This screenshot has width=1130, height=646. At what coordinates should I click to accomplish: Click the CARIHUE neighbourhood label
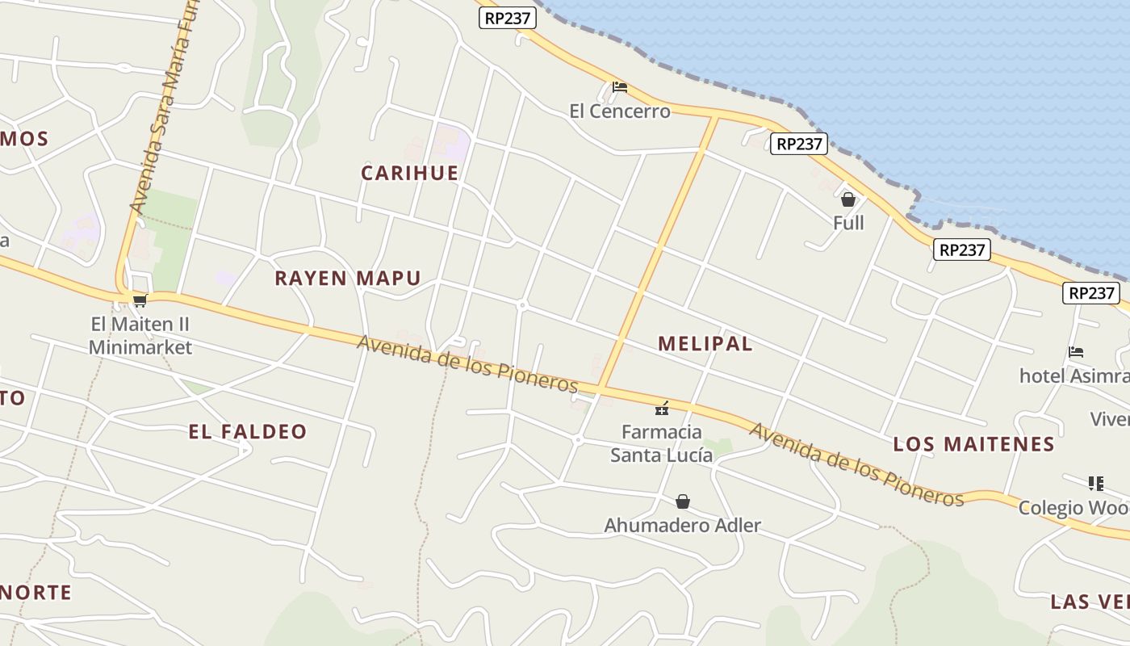click(409, 173)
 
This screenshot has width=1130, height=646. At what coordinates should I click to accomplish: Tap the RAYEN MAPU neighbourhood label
click(347, 279)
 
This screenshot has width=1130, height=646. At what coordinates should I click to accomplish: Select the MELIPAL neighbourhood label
click(705, 343)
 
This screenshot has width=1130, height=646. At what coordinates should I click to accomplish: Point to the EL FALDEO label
click(248, 432)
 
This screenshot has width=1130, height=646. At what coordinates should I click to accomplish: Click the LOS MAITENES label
click(973, 444)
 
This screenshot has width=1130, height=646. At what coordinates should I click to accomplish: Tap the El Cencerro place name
click(620, 111)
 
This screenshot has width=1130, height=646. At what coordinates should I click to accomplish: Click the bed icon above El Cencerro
click(620, 87)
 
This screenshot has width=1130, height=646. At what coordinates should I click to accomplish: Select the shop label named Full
click(848, 223)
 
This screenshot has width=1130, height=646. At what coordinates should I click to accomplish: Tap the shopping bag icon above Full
click(848, 199)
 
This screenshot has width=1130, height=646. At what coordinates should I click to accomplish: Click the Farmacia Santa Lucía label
click(662, 443)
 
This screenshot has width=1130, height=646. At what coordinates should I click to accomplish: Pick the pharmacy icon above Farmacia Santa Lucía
click(662, 409)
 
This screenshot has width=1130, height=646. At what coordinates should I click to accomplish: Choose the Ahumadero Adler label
click(682, 526)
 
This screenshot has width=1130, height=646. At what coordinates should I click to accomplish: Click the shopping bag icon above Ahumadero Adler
click(683, 501)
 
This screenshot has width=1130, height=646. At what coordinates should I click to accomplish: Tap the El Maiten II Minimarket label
click(140, 336)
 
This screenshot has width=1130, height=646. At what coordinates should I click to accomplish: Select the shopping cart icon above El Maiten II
click(140, 301)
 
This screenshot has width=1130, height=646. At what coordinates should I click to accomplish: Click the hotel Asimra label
click(1073, 376)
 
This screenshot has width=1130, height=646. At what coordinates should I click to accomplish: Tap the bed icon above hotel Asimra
click(1076, 352)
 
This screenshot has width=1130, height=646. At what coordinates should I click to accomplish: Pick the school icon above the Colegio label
click(1095, 484)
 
